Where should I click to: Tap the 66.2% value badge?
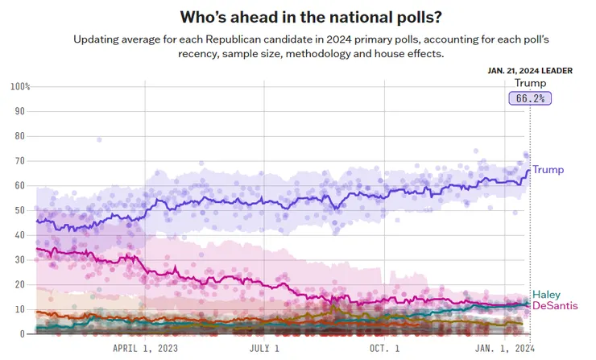tap(530, 98)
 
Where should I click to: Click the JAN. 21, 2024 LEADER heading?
tap(530, 70)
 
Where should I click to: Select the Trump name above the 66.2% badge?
tap(530, 83)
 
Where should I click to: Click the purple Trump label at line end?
tap(548, 170)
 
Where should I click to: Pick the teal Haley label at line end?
tap(547, 295)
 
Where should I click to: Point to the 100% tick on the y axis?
tap(20, 86)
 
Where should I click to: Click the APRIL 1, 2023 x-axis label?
tap(145, 349)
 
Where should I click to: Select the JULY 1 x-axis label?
tap(264, 349)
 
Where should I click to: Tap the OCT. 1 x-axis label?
tap(384, 349)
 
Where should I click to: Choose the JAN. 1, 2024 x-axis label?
tap(505, 349)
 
